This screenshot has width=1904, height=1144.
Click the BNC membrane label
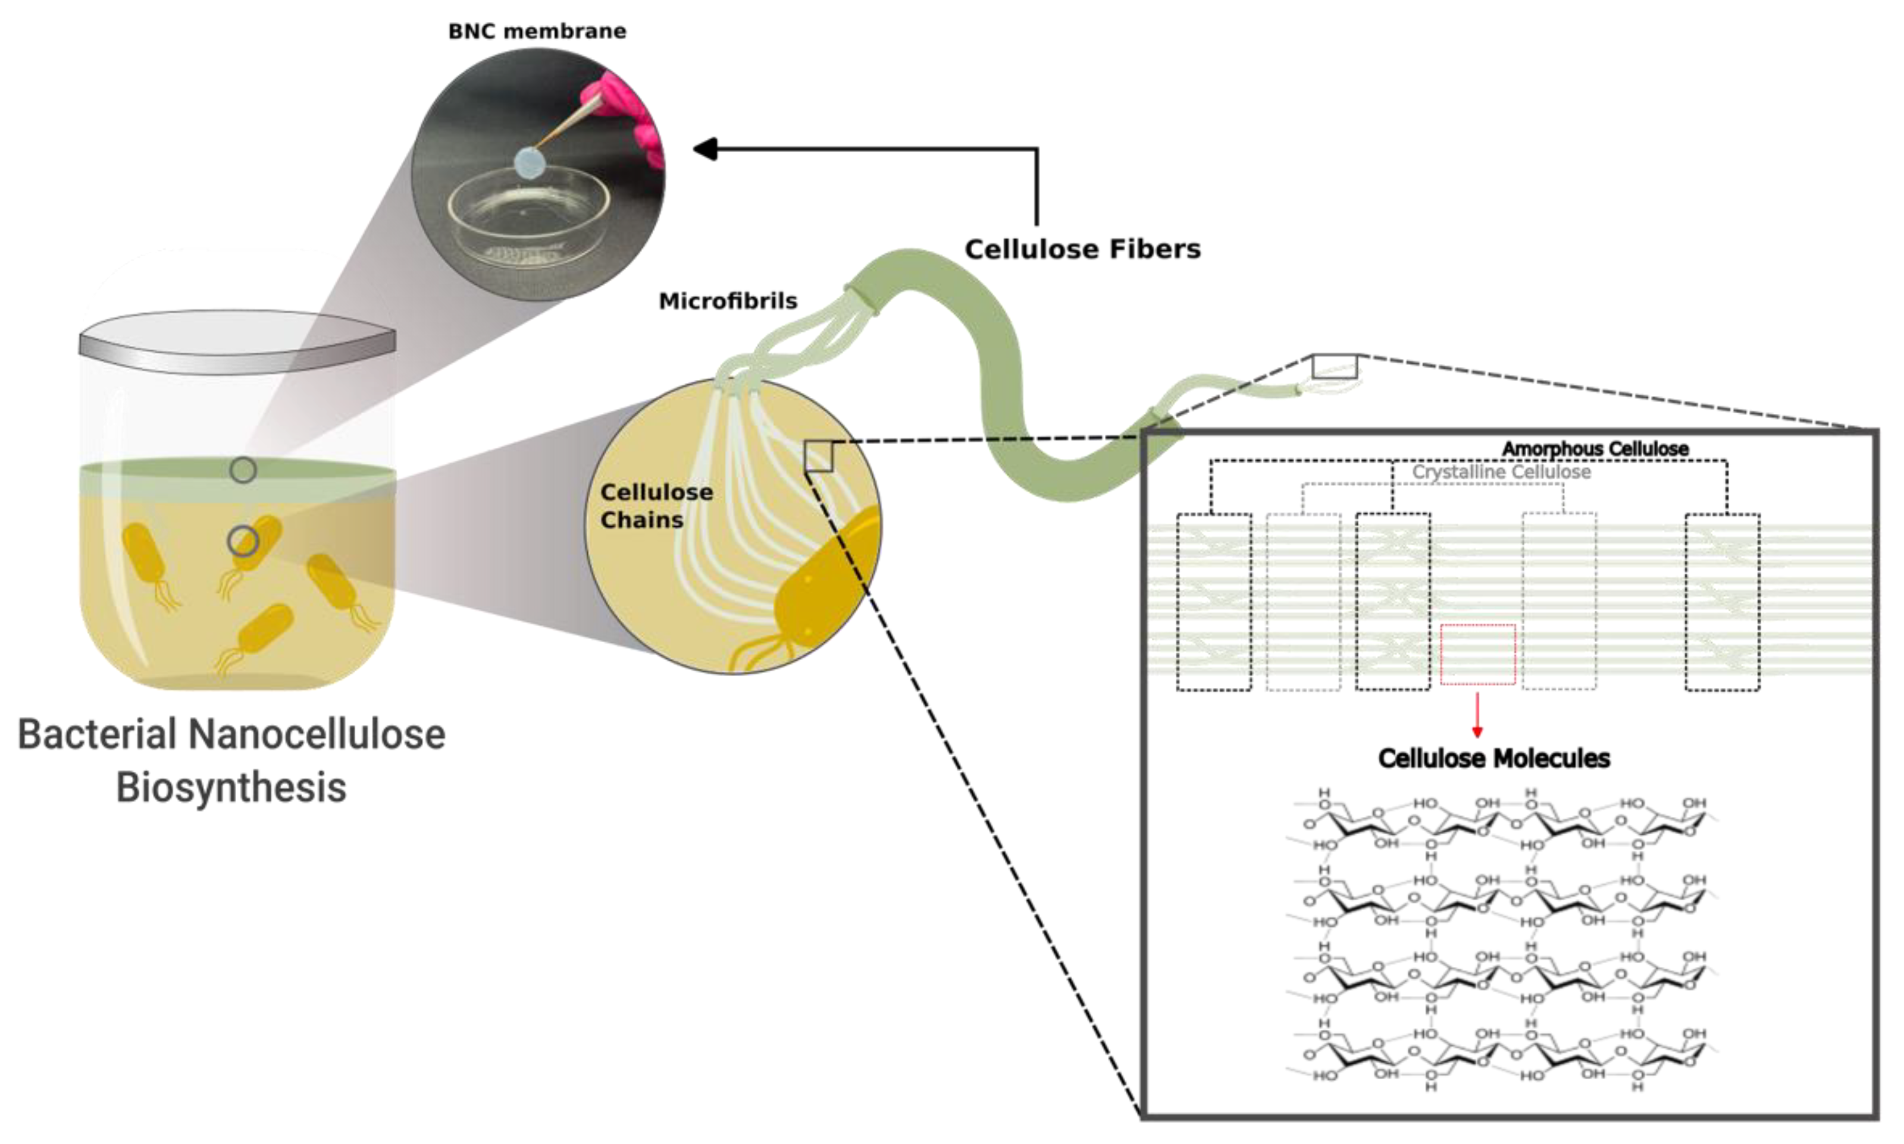click(537, 32)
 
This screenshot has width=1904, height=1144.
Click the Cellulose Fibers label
click(1082, 249)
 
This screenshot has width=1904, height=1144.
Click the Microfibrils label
click(727, 301)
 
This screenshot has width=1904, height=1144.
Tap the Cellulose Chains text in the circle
click(656, 506)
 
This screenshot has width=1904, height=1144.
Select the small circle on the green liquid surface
click(243, 470)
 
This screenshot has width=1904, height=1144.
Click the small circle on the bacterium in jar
click(243, 541)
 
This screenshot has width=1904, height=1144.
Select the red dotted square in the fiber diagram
click(1477, 653)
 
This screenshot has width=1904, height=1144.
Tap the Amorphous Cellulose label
click(1595, 449)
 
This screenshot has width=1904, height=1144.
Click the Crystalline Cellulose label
click(1501, 472)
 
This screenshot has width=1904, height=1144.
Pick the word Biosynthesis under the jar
click(231, 787)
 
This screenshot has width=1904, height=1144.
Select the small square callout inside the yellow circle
click(818, 455)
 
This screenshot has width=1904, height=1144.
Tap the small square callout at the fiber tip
click(1334, 366)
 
